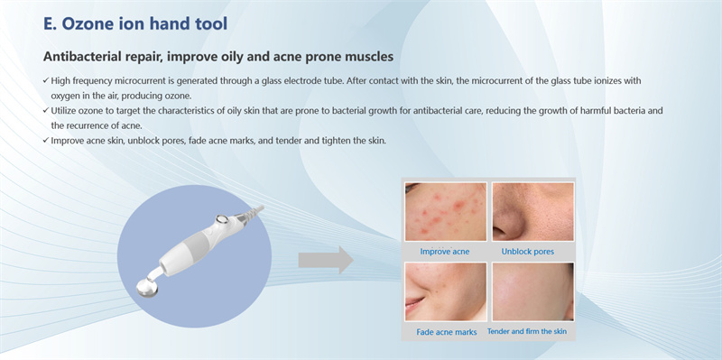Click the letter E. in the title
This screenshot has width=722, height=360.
point(51,23)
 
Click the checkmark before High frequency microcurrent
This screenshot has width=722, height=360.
point(46,81)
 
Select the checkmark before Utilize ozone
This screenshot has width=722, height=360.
point(46,110)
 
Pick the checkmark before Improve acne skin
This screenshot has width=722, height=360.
point(46,140)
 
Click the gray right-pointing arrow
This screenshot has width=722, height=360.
point(325,261)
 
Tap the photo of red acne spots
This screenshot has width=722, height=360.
point(445,211)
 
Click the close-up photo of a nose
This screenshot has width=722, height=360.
point(532,211)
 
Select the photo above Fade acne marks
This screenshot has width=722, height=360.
point(445,291)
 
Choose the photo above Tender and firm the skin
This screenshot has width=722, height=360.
point(532,291)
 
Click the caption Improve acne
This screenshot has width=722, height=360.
point(445,251)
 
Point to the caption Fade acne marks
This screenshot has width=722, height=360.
point(445,331)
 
